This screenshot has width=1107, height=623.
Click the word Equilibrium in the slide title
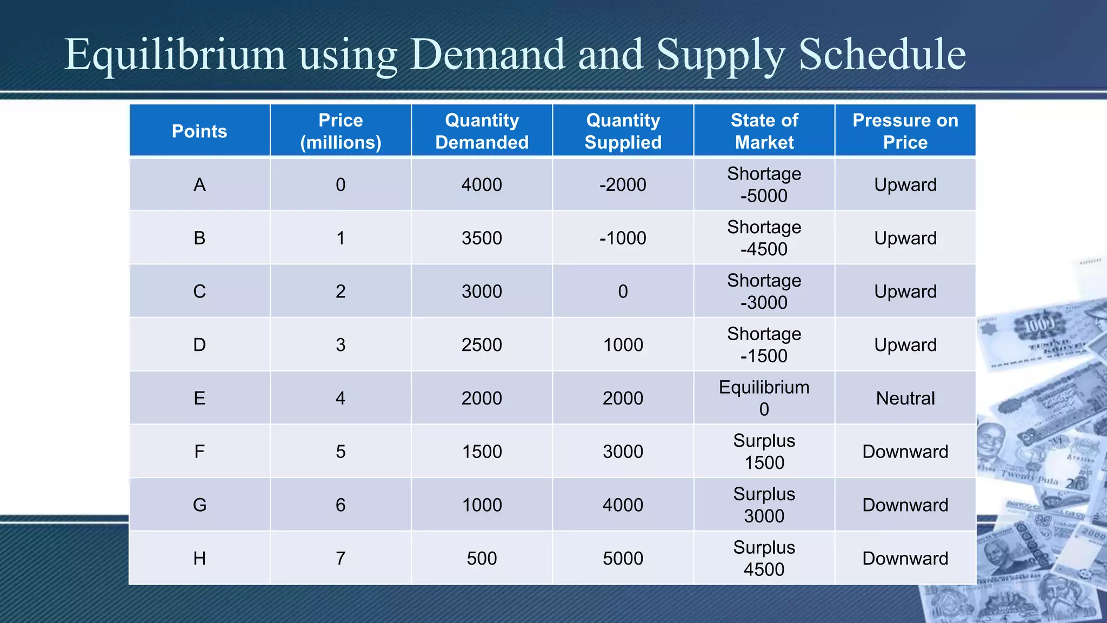[x=175, y=55]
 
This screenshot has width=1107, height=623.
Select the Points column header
[x=199, y=131]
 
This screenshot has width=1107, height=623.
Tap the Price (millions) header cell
[x=341, y=131]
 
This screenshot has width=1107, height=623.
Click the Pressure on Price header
[x=905, y=131]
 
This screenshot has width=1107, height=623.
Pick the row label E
[x=199, y=398]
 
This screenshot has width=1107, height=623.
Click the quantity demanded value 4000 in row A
[x=482, y=184]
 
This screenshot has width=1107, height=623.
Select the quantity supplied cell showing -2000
[x=623, y=184]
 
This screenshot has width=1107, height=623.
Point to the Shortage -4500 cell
[x=764, y=238]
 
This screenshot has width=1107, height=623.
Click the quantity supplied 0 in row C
[x=623, y=291]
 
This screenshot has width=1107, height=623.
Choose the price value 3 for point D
[x=341, y=344]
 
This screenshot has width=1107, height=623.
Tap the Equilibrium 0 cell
[x=764, y=398]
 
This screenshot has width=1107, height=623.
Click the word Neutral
[x=905, y=398]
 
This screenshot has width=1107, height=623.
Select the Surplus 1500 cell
[x=764, y=452]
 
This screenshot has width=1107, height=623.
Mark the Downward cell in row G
[x=905, y=505]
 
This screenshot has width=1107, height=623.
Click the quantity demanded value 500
[x=482, y=558]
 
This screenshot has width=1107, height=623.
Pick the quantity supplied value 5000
[x=623, y=558]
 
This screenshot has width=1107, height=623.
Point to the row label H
[x=199, y=558]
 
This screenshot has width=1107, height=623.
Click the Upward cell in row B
[x=905, y=238]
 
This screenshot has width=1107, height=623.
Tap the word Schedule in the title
[x=882, y=55]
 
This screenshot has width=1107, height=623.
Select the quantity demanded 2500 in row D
[x=482, y=344]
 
